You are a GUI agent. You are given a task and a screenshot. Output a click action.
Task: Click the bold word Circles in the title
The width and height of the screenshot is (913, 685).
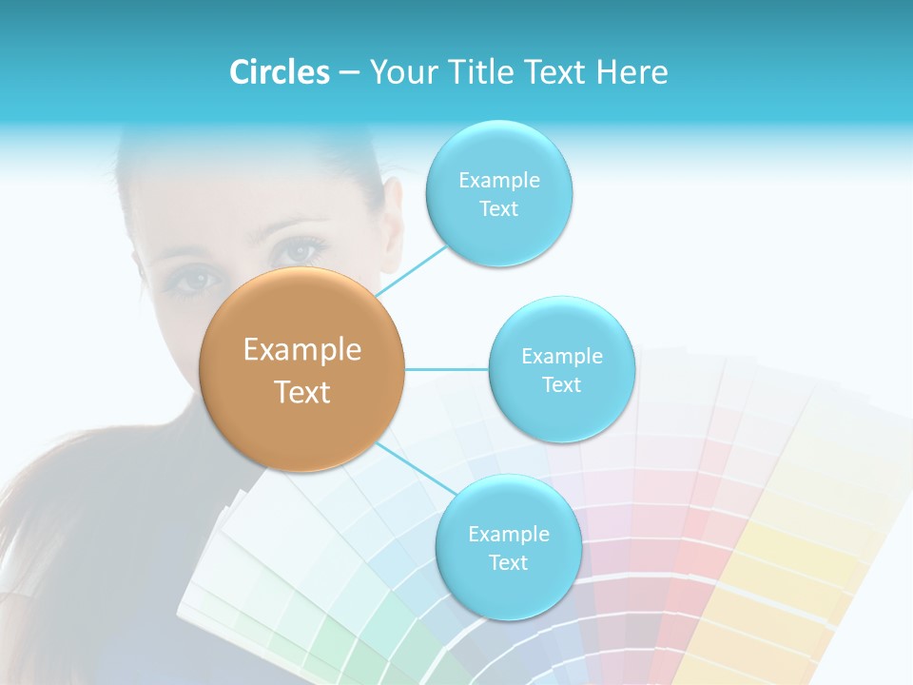pyautogui.click(x=279, y=72)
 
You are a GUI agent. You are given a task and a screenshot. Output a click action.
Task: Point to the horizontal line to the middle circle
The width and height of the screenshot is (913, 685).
pyautogui.click(x=447, y=369)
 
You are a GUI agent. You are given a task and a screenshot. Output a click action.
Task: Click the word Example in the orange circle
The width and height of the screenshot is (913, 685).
pyautogui.click(x=302, y=350)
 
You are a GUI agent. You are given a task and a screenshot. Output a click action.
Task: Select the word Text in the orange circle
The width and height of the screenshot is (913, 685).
pyautogui.click(x=302, y=392)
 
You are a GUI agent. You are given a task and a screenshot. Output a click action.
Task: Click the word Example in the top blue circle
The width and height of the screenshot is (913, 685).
pyautogui.click(x=499, y=180)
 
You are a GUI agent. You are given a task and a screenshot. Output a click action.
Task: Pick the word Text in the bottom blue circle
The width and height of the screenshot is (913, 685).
pyautogui.click(x=508, y=562)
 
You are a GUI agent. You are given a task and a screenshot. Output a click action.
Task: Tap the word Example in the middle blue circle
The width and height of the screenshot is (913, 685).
pyautogui.click(x=562, y=356)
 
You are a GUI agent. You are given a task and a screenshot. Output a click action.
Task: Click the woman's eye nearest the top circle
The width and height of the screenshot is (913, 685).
pyautogui.click(x=301, y=251)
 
